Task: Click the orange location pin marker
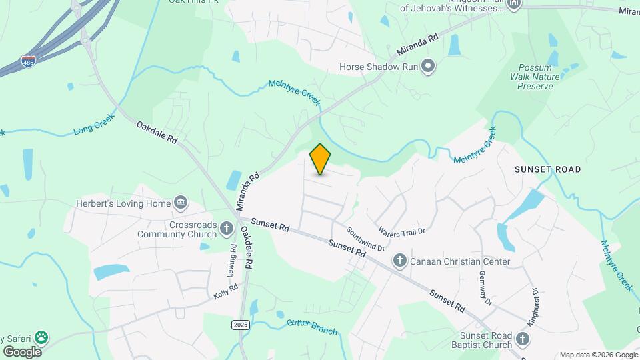[x=320, y=159]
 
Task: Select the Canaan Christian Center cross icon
[x=399, y=261]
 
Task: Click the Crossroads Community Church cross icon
[x=227, y=229]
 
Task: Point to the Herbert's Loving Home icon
[x=180, y=203]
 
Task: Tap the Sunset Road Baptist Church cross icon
[x=523, y=339]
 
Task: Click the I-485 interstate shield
[x=27, y=60]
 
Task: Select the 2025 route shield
[x=241, y=324]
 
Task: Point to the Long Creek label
[x=94, y=123]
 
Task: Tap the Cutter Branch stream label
[x=312, y=327]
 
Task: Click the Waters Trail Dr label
[x=401, y=231]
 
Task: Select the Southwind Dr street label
[x=365, y=238]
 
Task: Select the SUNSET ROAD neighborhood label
[x=547, y=169]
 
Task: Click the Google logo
[x=22, y=351]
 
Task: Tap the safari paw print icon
[x=41, y=337]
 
